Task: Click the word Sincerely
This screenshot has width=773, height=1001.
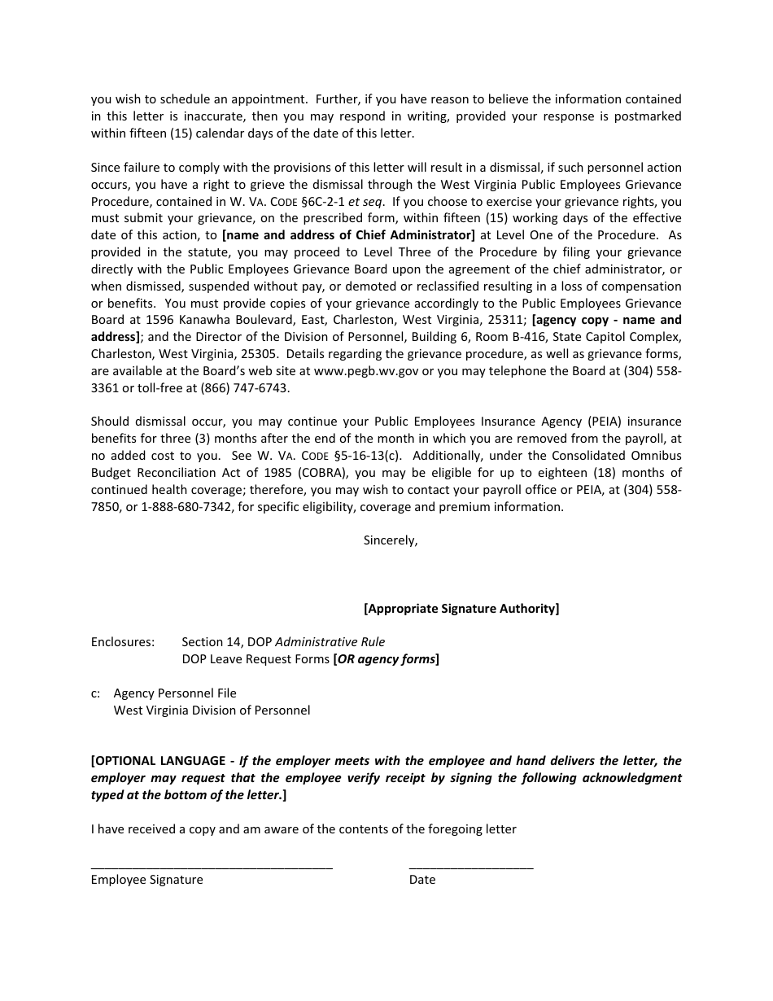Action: coord(390,540)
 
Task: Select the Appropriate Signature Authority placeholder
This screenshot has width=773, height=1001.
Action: coord(461,609)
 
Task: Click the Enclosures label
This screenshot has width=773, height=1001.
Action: coord(123,642)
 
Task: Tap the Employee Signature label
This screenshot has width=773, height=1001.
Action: coord(147,880)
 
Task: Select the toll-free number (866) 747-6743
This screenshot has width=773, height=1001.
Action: coord(244,388)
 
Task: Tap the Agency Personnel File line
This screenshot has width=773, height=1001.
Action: coord(175,693)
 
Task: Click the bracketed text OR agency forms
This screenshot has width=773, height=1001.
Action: coord(386,659)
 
